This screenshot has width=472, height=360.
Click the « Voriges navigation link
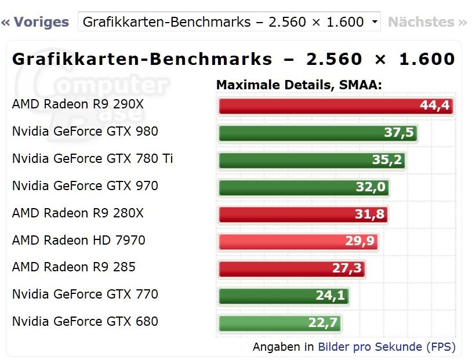pyautogui.click(x=35, y=22)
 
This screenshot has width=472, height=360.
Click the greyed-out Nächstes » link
pyautogui.click(x=427, y=22)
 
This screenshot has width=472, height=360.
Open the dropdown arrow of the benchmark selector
pyautogui.click(x=375, y=22)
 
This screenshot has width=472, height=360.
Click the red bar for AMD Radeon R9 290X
pyautogui.click(x=319, y=106)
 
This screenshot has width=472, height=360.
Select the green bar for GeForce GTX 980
pyautogui.click(x=302, y=133)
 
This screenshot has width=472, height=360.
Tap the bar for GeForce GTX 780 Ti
pyautogui.click(x=296, y=159)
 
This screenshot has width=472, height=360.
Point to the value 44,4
pyautogui.click(x=435, y=106)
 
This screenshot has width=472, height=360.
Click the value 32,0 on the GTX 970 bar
pyautogui.click(x=371, y=187)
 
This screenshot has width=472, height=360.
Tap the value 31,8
pyautogui.click(x=369, y=214)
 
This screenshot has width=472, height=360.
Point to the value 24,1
pyautogui.click(x=330, y=296)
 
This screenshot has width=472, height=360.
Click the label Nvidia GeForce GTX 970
pyautogui.click(x=85, y=186)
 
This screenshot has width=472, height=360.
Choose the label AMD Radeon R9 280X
pyautogui.click(x=78, y=213)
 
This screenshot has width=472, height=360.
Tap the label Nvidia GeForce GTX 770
pyautogui.click(x=85, y=294)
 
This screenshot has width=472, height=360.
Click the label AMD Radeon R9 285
pyautogui.click(x=74, y=267)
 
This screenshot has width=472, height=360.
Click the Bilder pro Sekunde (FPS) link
pyautogui.click(x=386, y=347)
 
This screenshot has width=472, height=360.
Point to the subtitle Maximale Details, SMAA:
pyautogui.click(x=299, y=85)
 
